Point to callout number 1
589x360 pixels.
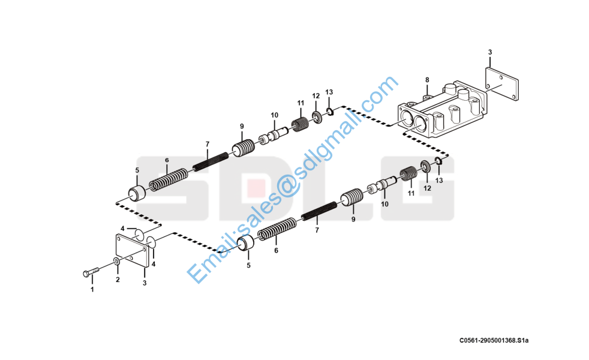coord(92,290)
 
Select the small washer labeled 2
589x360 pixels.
coord(115,262)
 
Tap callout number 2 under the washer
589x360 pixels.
coord(118,280)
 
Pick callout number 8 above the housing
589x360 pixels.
coord(427,80)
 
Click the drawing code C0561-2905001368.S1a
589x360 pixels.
coord(494,341)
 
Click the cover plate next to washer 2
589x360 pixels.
coord(132,251)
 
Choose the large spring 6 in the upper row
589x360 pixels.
coord(168,179)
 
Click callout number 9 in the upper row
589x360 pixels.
coord(242,126)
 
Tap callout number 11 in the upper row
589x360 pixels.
coord(301,103)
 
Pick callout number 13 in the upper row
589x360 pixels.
coord(329,92)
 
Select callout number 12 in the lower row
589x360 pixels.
coord(427,188)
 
